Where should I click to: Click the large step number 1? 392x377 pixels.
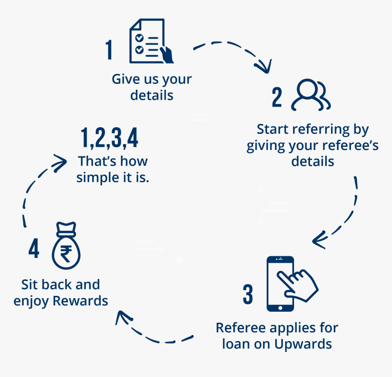coord(109,50)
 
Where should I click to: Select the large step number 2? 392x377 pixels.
coord(277,97)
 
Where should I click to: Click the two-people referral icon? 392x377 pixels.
coord(311,95)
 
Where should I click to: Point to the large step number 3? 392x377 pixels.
coord(248,294)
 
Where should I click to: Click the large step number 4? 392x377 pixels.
coord(34,248)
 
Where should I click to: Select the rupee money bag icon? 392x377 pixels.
coord(66,246)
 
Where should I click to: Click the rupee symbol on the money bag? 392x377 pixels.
coord(66,253)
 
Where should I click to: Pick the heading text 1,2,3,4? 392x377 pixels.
coord(109,138)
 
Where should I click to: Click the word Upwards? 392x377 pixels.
coord(303,344)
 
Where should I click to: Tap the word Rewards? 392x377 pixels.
coord(80,300)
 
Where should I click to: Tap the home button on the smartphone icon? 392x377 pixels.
coord(280,308)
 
